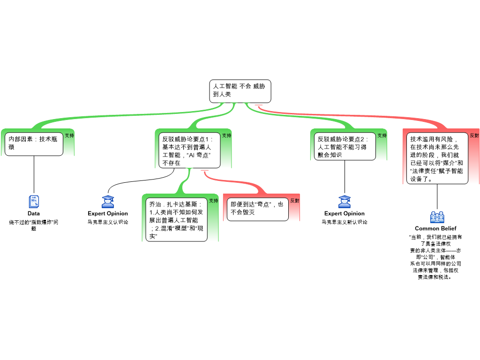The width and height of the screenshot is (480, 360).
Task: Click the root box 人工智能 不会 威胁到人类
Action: [240, 91]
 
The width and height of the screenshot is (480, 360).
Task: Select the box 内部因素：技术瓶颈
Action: [34, 143]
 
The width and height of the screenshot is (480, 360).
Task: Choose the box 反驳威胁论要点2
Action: [345, 146]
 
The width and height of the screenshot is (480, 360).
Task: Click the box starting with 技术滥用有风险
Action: [436, 158]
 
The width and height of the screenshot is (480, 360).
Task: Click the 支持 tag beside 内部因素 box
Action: [69, 135]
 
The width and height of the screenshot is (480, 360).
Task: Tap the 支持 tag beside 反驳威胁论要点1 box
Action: [226, 135]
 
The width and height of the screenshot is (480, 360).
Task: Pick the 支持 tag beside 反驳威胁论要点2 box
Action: [382, 135]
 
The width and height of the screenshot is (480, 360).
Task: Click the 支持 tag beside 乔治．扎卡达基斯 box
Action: [213, 201]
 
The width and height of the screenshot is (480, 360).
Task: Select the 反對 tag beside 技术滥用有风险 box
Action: [474, 135]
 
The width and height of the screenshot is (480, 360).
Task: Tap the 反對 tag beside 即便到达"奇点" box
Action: [294, 201]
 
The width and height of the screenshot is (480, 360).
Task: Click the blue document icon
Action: [34, 202]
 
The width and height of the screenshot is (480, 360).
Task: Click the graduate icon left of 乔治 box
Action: [108, 202]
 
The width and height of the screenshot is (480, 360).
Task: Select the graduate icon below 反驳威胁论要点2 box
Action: [345, 202]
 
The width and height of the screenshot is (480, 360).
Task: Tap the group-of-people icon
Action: [437, 217]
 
